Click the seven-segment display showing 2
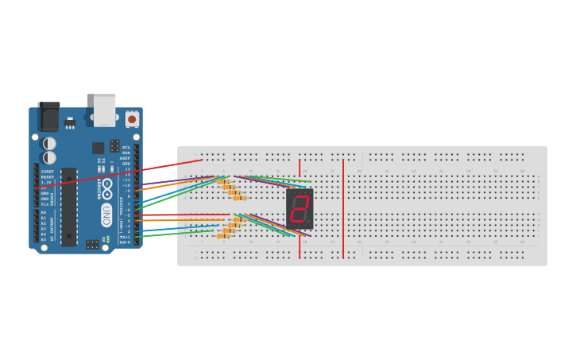(300, 208)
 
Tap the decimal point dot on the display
(309, 223)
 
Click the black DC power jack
(48, 116)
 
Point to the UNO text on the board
(106, 215)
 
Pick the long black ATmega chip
(69, 206)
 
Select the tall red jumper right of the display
(343, 208)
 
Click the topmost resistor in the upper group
(223, 181)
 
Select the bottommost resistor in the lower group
(224, 235)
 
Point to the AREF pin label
(126, 158)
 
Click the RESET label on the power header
(47, 176)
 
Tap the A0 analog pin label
(43, 212)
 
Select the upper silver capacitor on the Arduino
(49, 143)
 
